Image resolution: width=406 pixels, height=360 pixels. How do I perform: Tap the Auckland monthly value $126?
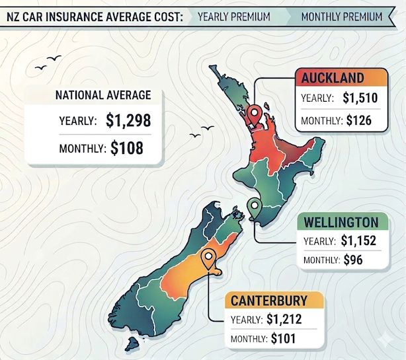click(x=358, y=120)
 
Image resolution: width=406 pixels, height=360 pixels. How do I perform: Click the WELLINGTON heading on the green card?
click(x=341, y=221)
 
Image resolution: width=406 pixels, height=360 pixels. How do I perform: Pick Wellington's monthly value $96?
click(x=353, y=260)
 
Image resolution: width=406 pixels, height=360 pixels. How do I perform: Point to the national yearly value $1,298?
click(x=128, y=120)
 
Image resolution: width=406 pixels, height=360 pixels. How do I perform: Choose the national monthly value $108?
click(x=127, y=148)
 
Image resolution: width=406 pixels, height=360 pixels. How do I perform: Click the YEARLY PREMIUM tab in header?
click(x=233, y=16)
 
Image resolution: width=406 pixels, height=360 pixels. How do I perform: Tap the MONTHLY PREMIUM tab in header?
click(x=341, y=16)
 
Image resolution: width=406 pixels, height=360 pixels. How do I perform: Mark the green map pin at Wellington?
click(x=253, y=207)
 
